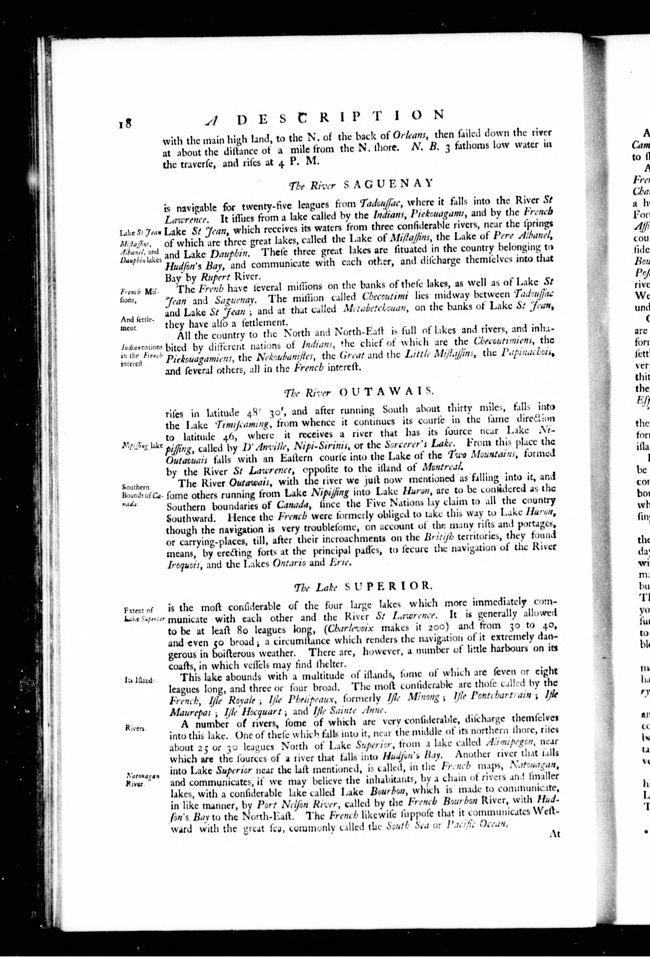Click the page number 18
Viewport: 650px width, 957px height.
(x=124, y=124)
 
